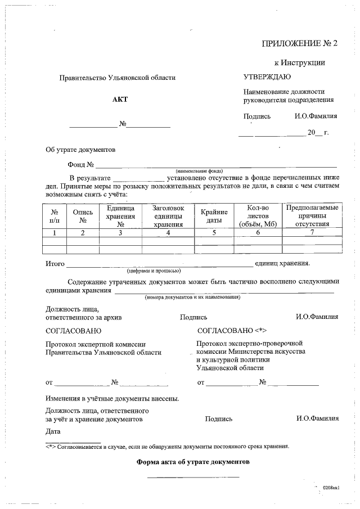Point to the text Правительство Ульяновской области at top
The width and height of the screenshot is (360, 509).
tap(118, 78)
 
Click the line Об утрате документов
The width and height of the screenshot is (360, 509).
tap(80, 150)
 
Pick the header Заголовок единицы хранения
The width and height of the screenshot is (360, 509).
tap(168, 216)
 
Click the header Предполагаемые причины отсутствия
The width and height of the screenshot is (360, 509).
tap(312, 216)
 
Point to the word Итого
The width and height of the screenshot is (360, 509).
tap(55, 264)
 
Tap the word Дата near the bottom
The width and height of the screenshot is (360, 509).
tap(53, 431)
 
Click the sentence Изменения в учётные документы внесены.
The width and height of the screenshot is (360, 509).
tap(112, 399)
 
